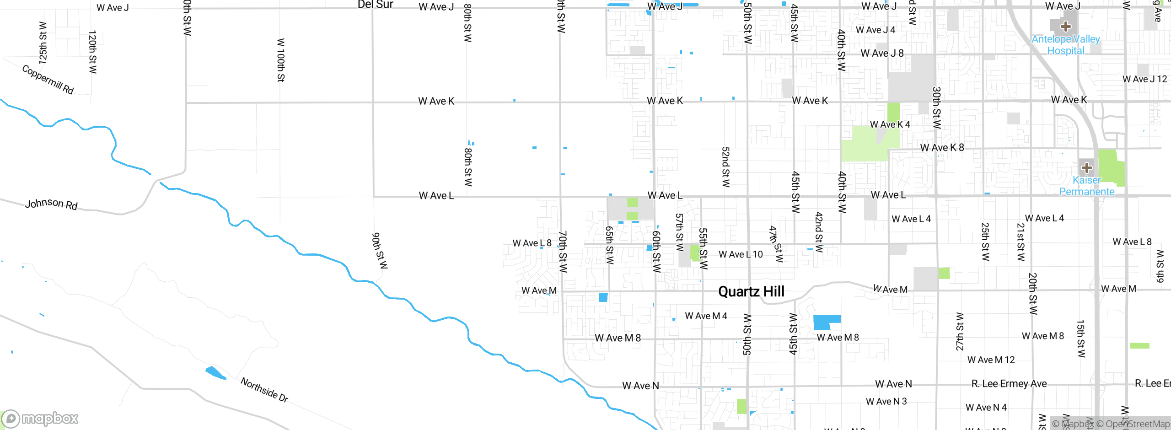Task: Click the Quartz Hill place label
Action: click(751, 291)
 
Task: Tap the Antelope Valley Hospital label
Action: click(1065, 45)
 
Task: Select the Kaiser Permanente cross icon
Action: click(1087, 167)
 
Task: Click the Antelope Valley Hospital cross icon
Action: click(1065, 27)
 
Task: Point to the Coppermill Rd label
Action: click(48, 80)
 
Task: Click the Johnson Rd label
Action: click(51, 204)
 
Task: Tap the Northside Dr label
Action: click(264, 390)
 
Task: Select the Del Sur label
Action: click(375, 5)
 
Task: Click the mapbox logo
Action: click(40, 418)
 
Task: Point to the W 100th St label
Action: click(281, 60)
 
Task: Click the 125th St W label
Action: click(43, 43)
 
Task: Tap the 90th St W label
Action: click(379, 251)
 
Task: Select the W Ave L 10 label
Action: click(741, 254)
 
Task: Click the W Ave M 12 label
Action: click(991, 360)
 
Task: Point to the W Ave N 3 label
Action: click(886, 401)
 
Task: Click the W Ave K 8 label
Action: click(942, 147)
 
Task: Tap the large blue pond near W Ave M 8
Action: click(826, 322)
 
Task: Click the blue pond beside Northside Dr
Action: click(215, 373)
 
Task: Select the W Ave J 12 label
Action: click(1144, 79)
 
